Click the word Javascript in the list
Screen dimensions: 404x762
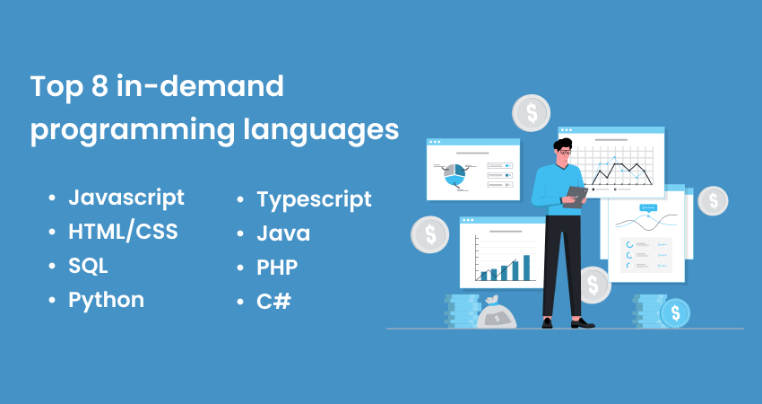point(126,198)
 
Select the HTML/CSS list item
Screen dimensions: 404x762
point(123,232)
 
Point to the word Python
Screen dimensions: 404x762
point(106,300)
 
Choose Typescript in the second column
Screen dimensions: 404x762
point(314,199)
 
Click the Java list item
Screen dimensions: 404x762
point(283,233)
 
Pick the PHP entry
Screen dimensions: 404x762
point(277,267)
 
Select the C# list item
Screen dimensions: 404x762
point(273,301)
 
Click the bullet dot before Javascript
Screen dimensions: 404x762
point(53,198)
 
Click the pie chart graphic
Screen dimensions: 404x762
point(455,174)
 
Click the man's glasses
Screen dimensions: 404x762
point(565,152)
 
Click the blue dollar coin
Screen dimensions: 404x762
point(674,312)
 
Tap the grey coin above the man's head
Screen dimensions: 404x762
point(531,113)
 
